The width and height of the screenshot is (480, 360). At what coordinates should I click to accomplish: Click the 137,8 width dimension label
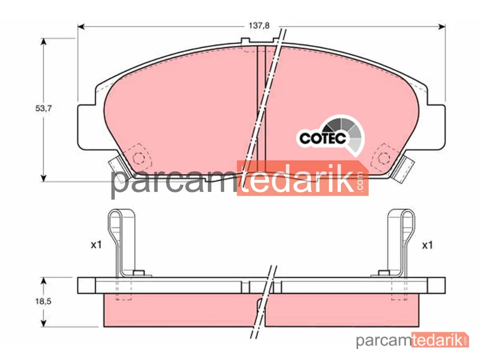259,26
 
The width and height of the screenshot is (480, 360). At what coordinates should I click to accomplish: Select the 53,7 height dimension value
44,108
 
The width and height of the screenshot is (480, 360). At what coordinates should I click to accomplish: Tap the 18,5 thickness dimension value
43,301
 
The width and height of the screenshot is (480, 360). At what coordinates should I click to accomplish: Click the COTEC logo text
323,138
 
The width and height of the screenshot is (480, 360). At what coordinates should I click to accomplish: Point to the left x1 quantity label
96,245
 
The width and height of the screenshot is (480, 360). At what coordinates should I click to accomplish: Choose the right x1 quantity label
427,245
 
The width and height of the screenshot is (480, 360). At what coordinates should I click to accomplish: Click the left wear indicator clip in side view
121,242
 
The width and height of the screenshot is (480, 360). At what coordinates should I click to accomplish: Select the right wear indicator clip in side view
401,242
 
